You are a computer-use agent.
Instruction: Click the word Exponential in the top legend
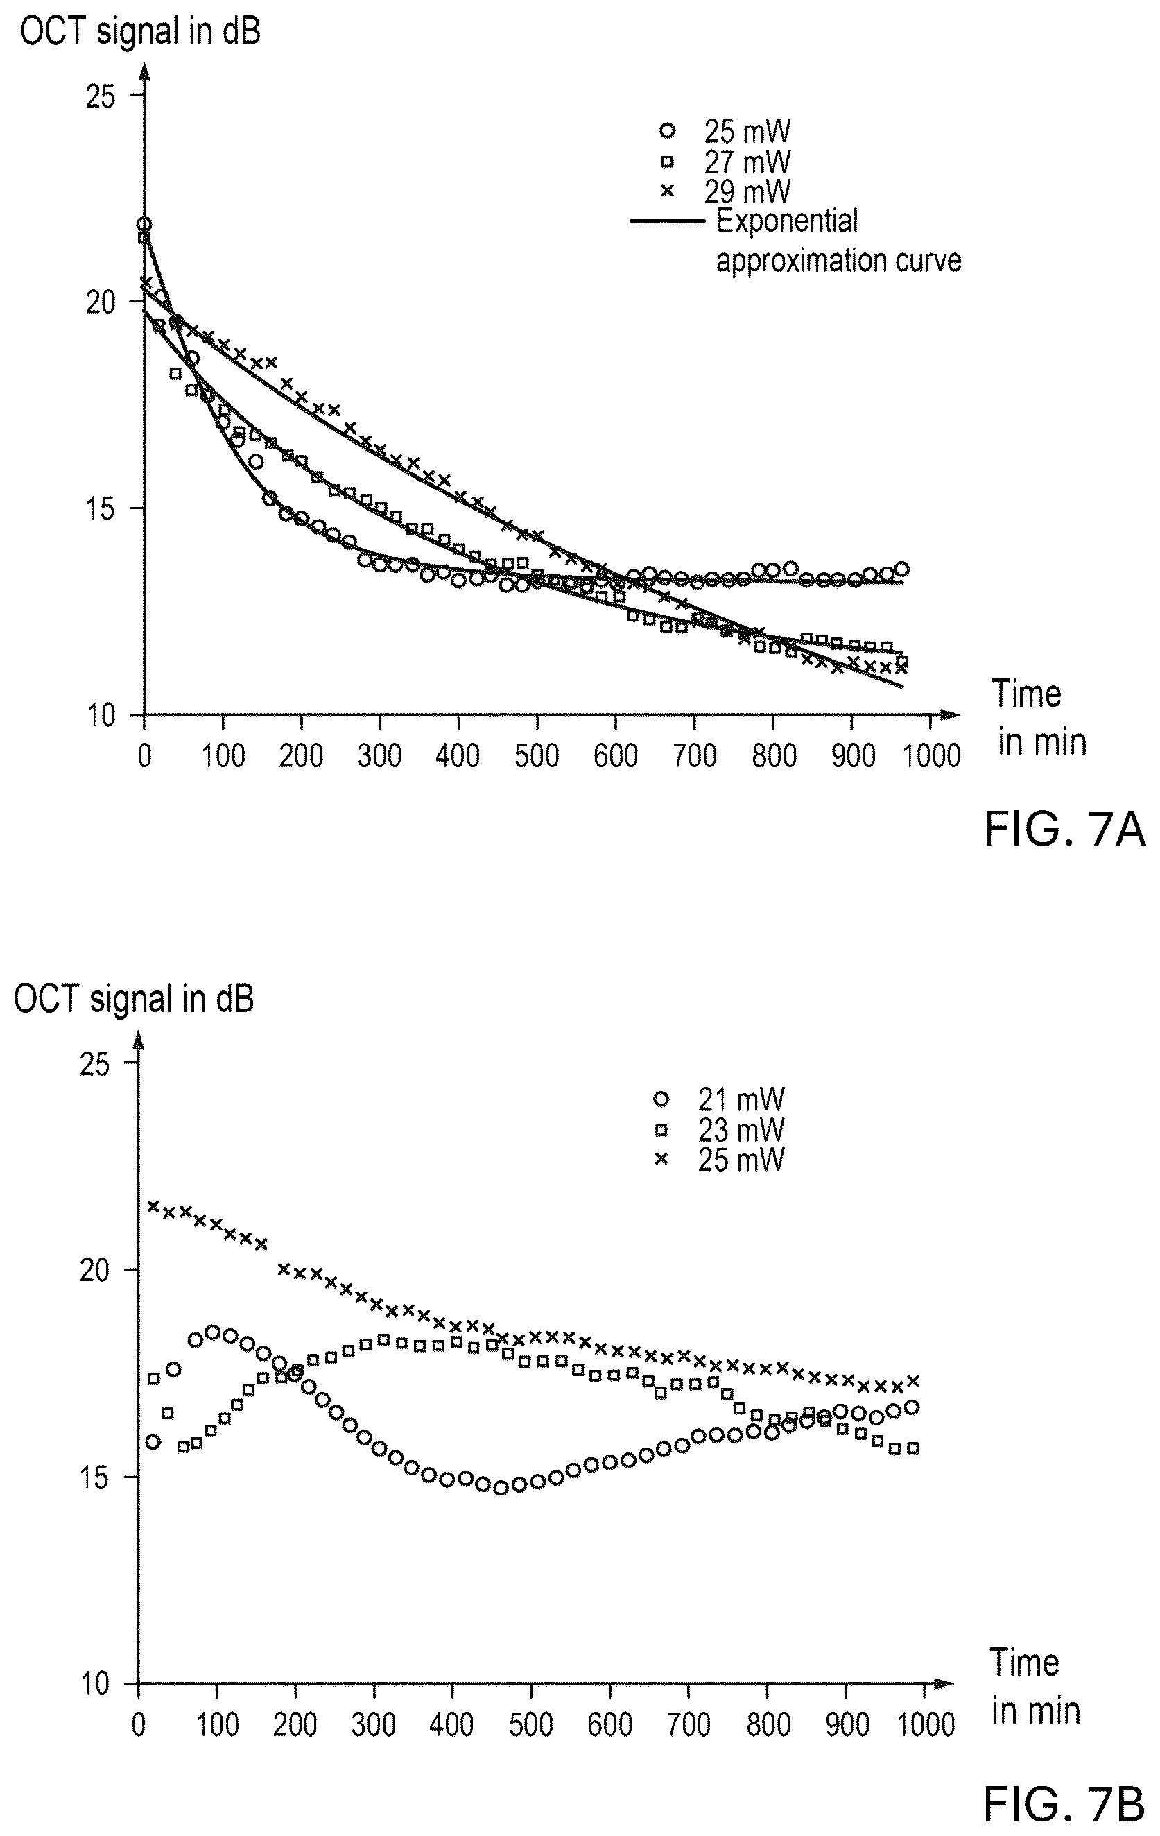[x=787, y=222]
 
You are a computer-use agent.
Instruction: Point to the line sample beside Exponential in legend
[x=668, y=222]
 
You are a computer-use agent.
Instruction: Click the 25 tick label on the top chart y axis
[x=100, y=96]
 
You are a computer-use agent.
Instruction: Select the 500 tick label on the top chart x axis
[x=537, y=755]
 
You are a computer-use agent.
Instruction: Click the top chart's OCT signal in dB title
[x=140, y=33]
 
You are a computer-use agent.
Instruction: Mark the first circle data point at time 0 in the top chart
[x=144, y=224]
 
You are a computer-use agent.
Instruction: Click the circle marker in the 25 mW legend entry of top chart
[x=668, y=131]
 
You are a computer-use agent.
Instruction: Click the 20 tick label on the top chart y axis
[x=100, y=302]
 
